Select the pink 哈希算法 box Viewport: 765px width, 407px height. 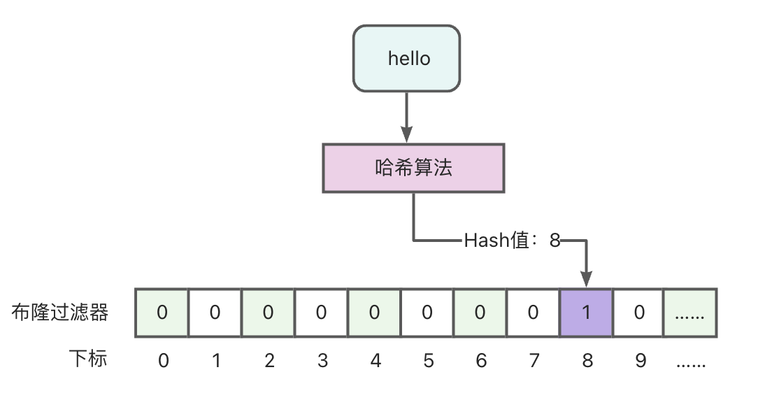click(x=413, y=168)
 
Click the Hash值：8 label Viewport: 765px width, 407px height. click(x=512, y=241)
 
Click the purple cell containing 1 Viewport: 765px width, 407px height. click(x=586, y=313)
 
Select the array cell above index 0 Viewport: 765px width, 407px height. click(x=162, y=313)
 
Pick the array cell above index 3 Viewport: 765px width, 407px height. click(x=321, y=313)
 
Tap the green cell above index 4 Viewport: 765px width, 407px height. click(x=374, y=313)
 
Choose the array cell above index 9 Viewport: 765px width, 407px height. click(x=638, y=313)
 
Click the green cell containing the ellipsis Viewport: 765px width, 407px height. click(x=690, y=313)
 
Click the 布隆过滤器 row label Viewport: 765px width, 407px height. click(x=60, y=313)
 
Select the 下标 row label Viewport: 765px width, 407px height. click(x=88, y=359)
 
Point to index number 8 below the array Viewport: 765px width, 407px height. click(x=587, y=361)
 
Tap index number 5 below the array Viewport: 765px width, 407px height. click(x=428, y=361)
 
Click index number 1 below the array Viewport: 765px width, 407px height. click(x=216, y=361)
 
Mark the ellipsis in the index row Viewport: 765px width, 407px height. click(x=691, y=363)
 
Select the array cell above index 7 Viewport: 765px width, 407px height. click(x=533, y=313)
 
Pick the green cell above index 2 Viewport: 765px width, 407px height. click(x=268, y=313)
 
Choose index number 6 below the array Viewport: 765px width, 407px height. click(x=481, y=361)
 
